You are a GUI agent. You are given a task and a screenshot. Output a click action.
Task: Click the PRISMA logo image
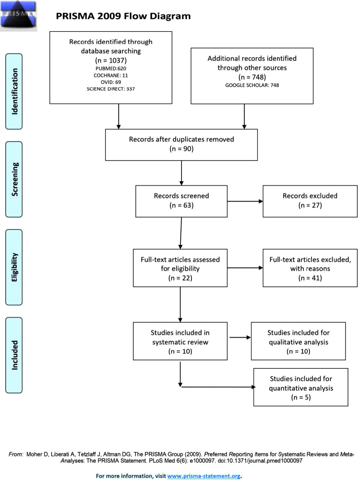(x=19, y=16)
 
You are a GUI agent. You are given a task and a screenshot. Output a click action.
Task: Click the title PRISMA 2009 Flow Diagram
(x=123, y=16)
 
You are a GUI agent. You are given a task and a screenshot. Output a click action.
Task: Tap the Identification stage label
(x=14, y=91)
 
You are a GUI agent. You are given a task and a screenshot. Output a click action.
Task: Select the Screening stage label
(x=14, y=179)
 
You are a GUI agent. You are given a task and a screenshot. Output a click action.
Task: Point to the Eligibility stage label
(x=14, y=267)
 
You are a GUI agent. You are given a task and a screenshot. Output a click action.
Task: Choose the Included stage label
(x=14, y=355)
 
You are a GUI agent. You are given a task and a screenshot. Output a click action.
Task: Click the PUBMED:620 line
(x=111, y=69)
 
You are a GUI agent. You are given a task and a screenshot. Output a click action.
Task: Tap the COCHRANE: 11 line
(x=111, y=75)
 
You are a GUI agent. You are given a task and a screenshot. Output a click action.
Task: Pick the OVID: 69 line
(x=111, y=82)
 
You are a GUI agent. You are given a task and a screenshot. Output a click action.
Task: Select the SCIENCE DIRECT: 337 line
(x=111, y=89)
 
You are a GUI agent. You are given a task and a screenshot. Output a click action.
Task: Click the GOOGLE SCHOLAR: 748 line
(x=252, y=85)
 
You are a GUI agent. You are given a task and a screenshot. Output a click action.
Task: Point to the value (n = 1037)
(x=111, y=60)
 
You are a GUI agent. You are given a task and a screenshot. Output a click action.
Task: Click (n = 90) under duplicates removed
(x=181, y=149)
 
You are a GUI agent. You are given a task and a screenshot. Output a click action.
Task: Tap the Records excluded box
(x=310, y=201)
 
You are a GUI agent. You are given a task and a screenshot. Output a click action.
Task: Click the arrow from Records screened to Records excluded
(x=245, y=201)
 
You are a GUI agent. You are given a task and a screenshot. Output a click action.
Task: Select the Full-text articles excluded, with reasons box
(x=310, y=268)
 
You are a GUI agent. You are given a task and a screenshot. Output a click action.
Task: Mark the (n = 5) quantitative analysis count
(x=301, y=397)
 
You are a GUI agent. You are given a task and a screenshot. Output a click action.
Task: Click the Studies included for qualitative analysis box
(x=298, y=341)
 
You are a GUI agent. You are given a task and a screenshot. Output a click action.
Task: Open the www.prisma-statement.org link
(x=204, y=476)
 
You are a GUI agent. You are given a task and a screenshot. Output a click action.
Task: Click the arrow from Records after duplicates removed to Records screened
(x=181, y=173)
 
